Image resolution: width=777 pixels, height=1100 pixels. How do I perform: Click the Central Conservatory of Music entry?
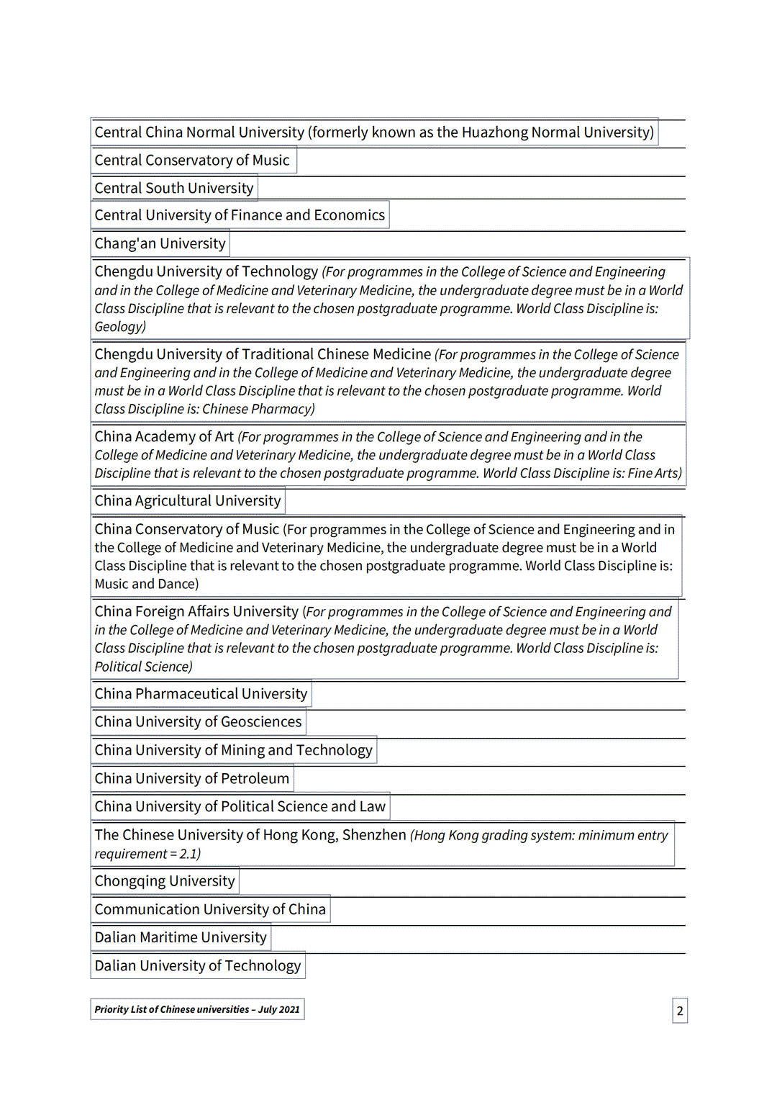[192, 161]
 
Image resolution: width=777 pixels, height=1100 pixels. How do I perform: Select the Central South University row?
[174, 189]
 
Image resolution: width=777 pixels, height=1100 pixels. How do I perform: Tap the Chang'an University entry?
[160, 244]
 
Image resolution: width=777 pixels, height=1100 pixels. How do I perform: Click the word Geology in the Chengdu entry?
[119, 327]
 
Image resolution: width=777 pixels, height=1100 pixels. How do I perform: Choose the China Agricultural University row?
[188, 501]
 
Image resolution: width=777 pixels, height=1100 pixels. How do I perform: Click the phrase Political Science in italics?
[142, 667]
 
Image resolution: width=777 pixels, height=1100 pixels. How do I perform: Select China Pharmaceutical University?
[201, 694]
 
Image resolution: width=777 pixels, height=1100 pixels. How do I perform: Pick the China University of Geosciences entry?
[198, 722]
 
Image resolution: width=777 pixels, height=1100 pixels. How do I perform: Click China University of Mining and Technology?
[233, 750]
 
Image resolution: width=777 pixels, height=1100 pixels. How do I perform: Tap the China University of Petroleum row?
[191, 779]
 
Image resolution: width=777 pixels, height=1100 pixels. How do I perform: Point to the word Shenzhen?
[374, 835]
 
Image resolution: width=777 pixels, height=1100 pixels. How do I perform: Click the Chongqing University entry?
[165, 881]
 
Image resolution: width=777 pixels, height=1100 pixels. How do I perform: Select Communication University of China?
[210, 910]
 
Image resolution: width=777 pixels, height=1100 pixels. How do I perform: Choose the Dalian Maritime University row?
[181, 938]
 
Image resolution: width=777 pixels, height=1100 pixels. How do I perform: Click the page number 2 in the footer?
[680, 1011]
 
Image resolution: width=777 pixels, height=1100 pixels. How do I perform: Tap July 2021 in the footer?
[279, 1009]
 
